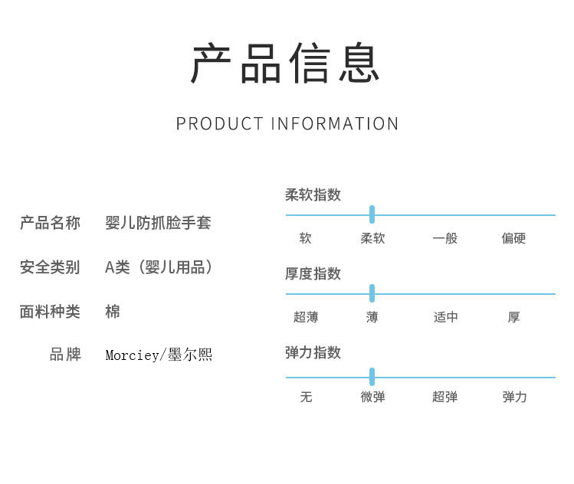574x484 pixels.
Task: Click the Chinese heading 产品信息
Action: [x=286, y=64]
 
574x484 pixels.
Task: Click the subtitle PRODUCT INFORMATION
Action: [x=287, y=123]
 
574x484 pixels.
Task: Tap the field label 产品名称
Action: [x=50, y=223]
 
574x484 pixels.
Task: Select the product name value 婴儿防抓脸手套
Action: [x=158, y=223]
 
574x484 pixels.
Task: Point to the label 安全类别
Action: [x=50, y=267]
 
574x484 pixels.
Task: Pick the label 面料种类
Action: [x=50, y=312]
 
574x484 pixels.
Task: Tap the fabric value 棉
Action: [x=113, y=312]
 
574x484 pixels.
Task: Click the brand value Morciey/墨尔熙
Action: [x=159, y=355]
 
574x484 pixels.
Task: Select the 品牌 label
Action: [x=65, y=355]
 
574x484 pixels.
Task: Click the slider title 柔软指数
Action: [x=313, y=195]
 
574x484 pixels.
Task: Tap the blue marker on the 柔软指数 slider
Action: [x=372, y=214]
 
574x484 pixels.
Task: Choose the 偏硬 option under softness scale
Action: [x=513, y=239]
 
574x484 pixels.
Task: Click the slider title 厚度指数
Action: [x=313, y=273]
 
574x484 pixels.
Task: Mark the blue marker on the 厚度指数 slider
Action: [x=372, y=293]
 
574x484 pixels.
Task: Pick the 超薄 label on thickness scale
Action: [x=305, y=317]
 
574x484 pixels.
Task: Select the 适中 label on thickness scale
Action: [x=445, y=317]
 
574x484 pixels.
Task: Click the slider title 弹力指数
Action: [x=313, y=352]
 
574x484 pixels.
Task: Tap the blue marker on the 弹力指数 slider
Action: [x=372, y=377]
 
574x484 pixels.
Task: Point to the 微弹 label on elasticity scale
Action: [x=372, y=397]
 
